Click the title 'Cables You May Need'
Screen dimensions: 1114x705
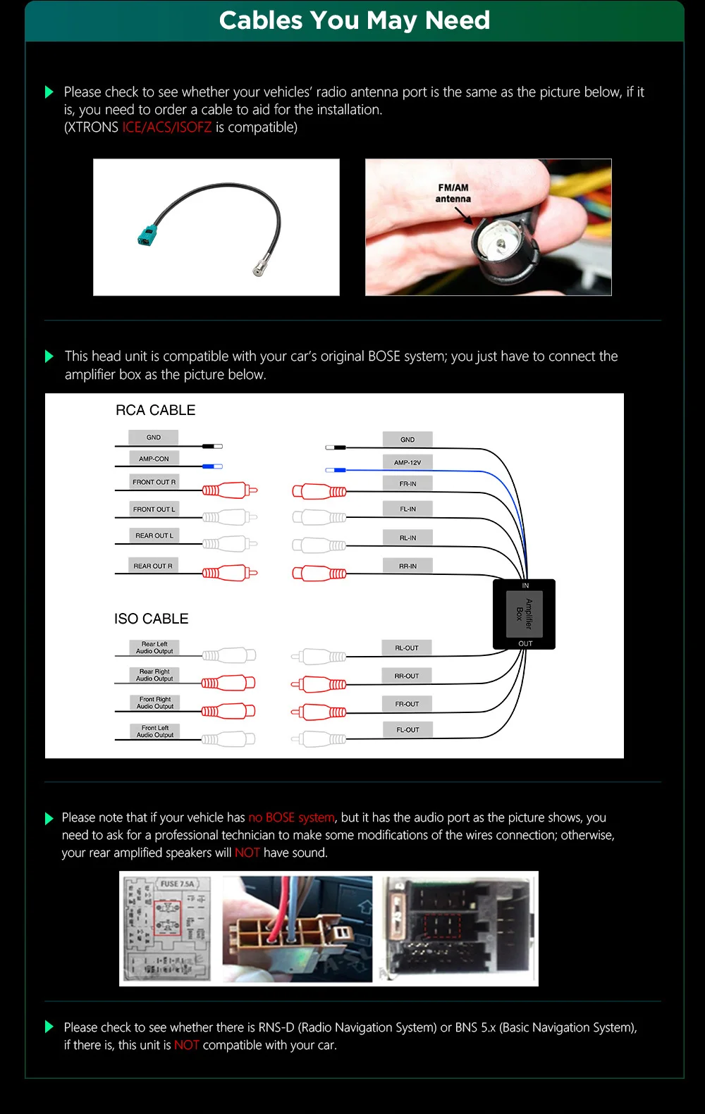354,20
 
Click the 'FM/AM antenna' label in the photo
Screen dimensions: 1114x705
453,193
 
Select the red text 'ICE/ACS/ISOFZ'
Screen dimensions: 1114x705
166,128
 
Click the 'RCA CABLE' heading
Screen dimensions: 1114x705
155,410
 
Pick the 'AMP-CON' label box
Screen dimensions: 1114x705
154,459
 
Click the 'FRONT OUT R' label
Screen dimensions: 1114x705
154,482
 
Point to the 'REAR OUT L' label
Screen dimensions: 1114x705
154,536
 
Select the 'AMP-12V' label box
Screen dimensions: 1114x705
407,462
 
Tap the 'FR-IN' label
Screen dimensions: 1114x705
407,484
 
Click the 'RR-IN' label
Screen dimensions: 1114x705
407,566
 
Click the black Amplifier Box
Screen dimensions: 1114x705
524,614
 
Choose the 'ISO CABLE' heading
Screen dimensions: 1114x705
152,619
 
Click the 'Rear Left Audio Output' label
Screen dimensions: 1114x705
154,648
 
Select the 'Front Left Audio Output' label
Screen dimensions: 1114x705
154,731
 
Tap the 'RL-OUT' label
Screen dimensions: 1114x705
407,648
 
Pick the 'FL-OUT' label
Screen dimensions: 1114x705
407,730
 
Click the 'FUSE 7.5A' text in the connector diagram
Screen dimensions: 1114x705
177,884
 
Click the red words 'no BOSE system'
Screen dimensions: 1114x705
291,817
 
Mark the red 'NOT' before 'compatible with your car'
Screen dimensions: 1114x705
187,1045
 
